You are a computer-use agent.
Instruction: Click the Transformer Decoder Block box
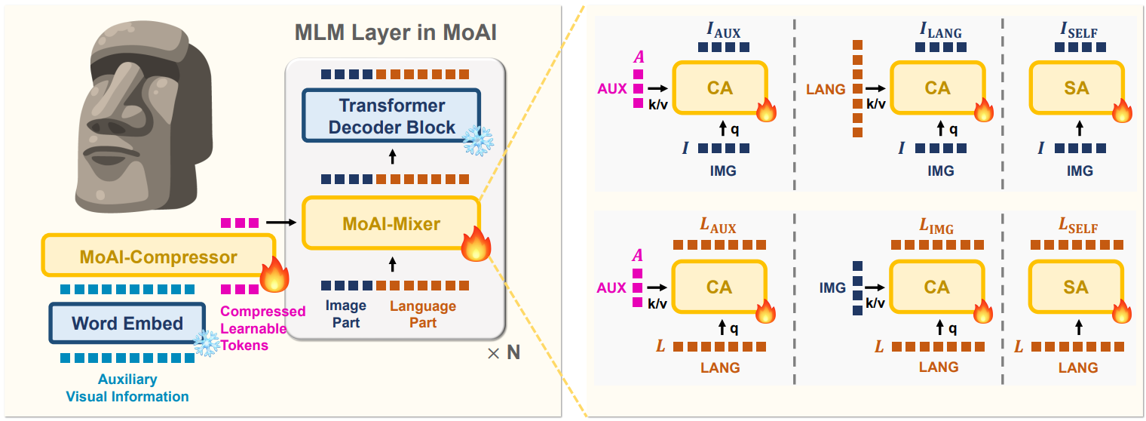point(391,115)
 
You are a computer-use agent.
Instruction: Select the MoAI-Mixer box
point(391,223)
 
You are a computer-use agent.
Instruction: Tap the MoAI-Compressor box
point(158,257)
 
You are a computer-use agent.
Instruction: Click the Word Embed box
point(127,324)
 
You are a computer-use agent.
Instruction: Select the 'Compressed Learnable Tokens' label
point(262,327)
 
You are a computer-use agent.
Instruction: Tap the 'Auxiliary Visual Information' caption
point(127,388)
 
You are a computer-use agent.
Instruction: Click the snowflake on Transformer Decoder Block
point(477,141)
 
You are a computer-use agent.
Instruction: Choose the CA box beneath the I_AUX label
point(719,88)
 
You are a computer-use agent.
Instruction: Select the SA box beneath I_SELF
point(1076,88)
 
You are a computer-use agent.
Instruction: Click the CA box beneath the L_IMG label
point(937,287)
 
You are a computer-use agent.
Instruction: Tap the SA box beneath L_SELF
point(1076,287)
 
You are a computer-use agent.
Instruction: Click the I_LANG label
point(939,32)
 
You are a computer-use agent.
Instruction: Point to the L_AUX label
point(717,227)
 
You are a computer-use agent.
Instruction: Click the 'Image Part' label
point(345,314)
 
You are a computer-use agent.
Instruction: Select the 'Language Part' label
point(422,314)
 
